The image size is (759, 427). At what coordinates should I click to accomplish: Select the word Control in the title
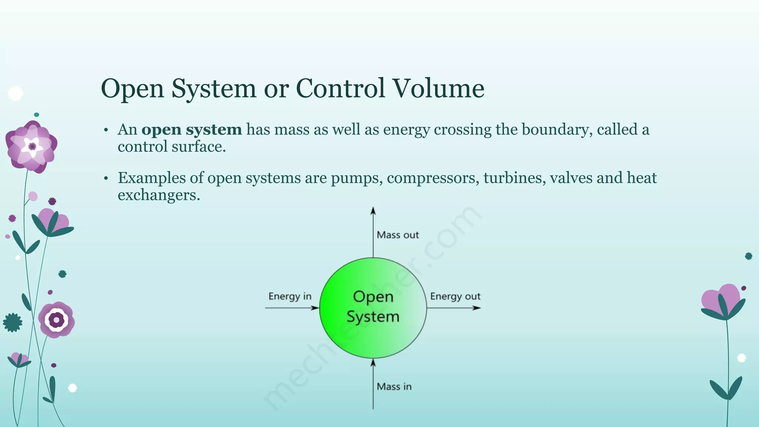(x=340, y=89)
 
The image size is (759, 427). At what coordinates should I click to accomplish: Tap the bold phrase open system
(x=192, y=130)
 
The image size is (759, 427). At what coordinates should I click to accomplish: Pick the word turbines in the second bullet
(x=514, y=178)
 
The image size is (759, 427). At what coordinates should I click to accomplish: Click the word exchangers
(x=159, y=195)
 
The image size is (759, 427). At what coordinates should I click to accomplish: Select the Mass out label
(x=398, y=235)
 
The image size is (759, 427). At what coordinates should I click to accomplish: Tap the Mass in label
(x=394, y=387)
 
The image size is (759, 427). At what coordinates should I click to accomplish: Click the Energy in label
(x=290, y=297)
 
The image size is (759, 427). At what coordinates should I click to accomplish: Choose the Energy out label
(x=455, y=297)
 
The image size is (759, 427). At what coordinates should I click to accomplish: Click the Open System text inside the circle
(x=373, y=307)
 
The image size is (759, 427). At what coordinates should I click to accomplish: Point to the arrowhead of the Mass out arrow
(x=373, y=211)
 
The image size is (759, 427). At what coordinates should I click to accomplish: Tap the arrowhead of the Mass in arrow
(x=373, y=363)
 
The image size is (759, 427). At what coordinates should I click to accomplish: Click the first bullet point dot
(x=106, y=130)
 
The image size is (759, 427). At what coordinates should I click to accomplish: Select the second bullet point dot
(x=106, y=179)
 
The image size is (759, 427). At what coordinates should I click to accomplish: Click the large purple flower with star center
(x=32, y=147)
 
